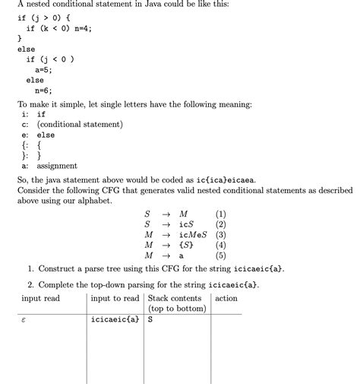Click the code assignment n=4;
click(78, 28)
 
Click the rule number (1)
click(221, 214)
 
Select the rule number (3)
click(221, 235)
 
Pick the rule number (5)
click(221, 256)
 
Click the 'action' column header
click(226, 298)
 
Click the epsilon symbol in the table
click(26, 320)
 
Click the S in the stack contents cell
click(150, 319)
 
